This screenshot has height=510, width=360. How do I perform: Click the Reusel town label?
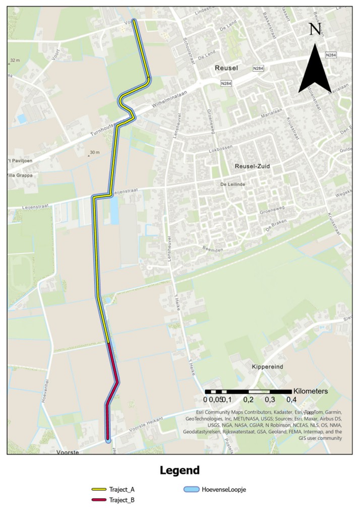click(x=225, y=67)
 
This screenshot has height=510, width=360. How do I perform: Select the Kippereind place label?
click(x=267, y=368)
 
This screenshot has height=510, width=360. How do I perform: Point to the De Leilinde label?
click(x=232, y=184)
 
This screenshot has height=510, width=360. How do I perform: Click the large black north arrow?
click(x=315, y=71)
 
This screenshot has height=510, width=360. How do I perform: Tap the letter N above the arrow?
click(x=315, y=29)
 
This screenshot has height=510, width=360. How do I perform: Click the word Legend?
click(x=179, y=471)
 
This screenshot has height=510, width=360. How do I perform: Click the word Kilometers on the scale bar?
click(x=311, y=391)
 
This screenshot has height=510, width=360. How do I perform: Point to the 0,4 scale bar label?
click(x=291, y=400)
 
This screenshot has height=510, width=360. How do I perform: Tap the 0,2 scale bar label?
click(x=248, y=400)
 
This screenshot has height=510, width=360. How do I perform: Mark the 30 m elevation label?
click(x=94, y=152)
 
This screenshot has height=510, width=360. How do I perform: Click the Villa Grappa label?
click(x=20, y=175)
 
